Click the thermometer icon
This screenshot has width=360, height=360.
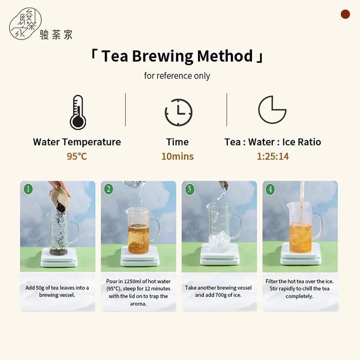click(x=78, y=112)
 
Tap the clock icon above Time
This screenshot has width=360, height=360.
click(x=179, y=112)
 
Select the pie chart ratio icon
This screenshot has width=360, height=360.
click(x=272, y=110)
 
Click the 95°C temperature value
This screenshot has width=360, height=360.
click(x=77, y=156)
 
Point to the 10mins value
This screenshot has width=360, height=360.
click(x=177, y=156)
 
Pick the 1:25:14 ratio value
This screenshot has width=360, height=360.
click(x=273, y=156)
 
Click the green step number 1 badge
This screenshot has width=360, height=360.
click(x=28, y=189)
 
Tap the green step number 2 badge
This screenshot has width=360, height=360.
click(x=108, y=189)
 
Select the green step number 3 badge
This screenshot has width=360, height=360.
click(x=189, y=189)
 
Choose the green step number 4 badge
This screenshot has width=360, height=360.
click(x=270, y=189)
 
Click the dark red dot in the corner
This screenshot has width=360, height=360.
click(x=345, y=14)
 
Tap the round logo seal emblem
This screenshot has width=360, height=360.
click(x=25, y=24)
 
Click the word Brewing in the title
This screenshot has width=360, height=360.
click(x=162, y=56)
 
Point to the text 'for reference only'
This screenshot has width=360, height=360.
click(x=177, y=76)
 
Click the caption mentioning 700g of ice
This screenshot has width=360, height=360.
click(x=218, y=291)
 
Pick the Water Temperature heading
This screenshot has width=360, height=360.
click(x=77, y=142)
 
